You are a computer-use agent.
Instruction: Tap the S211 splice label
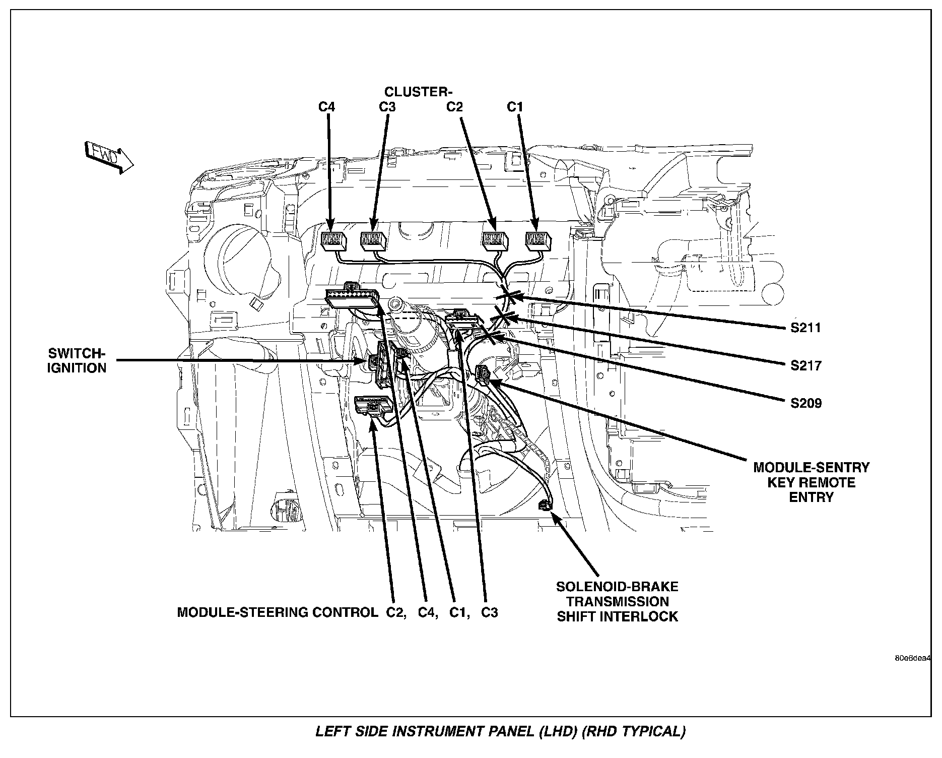pos(805,328)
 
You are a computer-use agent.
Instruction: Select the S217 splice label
pos(805,365)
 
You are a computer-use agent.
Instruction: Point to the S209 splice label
pos(805,403)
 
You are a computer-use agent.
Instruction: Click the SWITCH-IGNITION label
pos(77,360)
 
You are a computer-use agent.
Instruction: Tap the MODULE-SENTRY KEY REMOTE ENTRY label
pos(811,482)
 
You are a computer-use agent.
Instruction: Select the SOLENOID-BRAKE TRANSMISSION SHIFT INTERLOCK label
pos(617,601)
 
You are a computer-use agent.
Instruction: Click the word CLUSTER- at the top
pos(419,92)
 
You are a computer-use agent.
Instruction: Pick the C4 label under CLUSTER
pos(326,107)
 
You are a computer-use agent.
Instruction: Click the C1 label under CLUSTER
pos(515,107)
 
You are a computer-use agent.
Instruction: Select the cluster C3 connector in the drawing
pos(373,241)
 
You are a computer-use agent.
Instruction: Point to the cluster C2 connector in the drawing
pos(496,241)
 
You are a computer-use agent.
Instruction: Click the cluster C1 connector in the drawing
pos(538,241)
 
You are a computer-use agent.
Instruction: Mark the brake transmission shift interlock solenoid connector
pos(544,504)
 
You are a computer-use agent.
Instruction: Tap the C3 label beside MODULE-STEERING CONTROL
pos(489,612)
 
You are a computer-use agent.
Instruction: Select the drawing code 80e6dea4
pos(912,658)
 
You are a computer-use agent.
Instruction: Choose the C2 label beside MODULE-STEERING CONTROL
pos(396,612)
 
